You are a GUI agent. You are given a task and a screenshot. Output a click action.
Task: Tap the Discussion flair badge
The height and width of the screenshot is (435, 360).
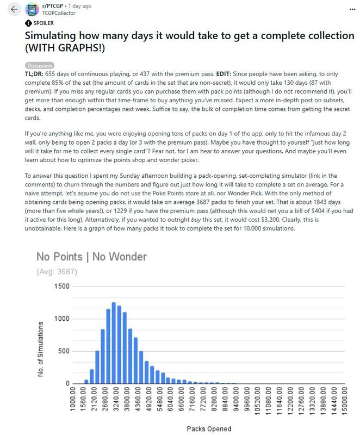click(x=39, y=65)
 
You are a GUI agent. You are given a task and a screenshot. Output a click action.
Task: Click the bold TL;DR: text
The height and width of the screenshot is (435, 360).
click(x=34, y=73)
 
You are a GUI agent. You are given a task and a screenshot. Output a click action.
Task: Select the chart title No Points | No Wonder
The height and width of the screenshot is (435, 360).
click(x=91, y=256)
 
